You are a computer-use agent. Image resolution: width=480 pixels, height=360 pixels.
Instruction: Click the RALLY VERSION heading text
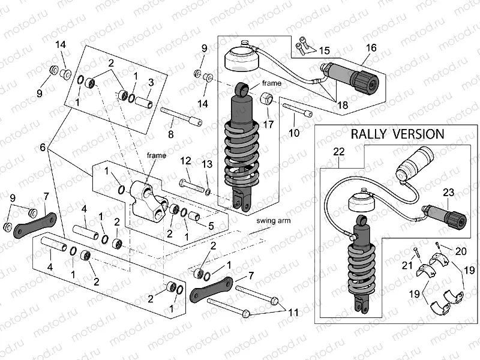point(397,134)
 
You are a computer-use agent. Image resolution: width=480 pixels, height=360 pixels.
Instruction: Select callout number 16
point(370,48)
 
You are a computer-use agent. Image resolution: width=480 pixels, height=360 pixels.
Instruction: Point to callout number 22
point(339,152)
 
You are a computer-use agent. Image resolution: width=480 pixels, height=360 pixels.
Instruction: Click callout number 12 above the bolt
point(186,161)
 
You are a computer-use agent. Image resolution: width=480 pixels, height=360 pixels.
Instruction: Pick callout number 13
point(207,164)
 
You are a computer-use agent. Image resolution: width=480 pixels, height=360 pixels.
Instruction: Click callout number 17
point(268,125)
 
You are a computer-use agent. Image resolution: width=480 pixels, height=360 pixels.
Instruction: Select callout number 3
point(151,82)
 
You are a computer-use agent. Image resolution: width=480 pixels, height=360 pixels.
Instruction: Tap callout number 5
point(210,226)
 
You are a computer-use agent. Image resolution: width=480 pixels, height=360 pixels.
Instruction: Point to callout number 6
point(43,147)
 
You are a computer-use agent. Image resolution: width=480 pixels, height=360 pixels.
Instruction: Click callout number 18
point(341,105)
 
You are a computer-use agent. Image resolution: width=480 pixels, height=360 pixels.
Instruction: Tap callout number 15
point(325,49)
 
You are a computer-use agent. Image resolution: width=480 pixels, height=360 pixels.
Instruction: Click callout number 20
point(461,251)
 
